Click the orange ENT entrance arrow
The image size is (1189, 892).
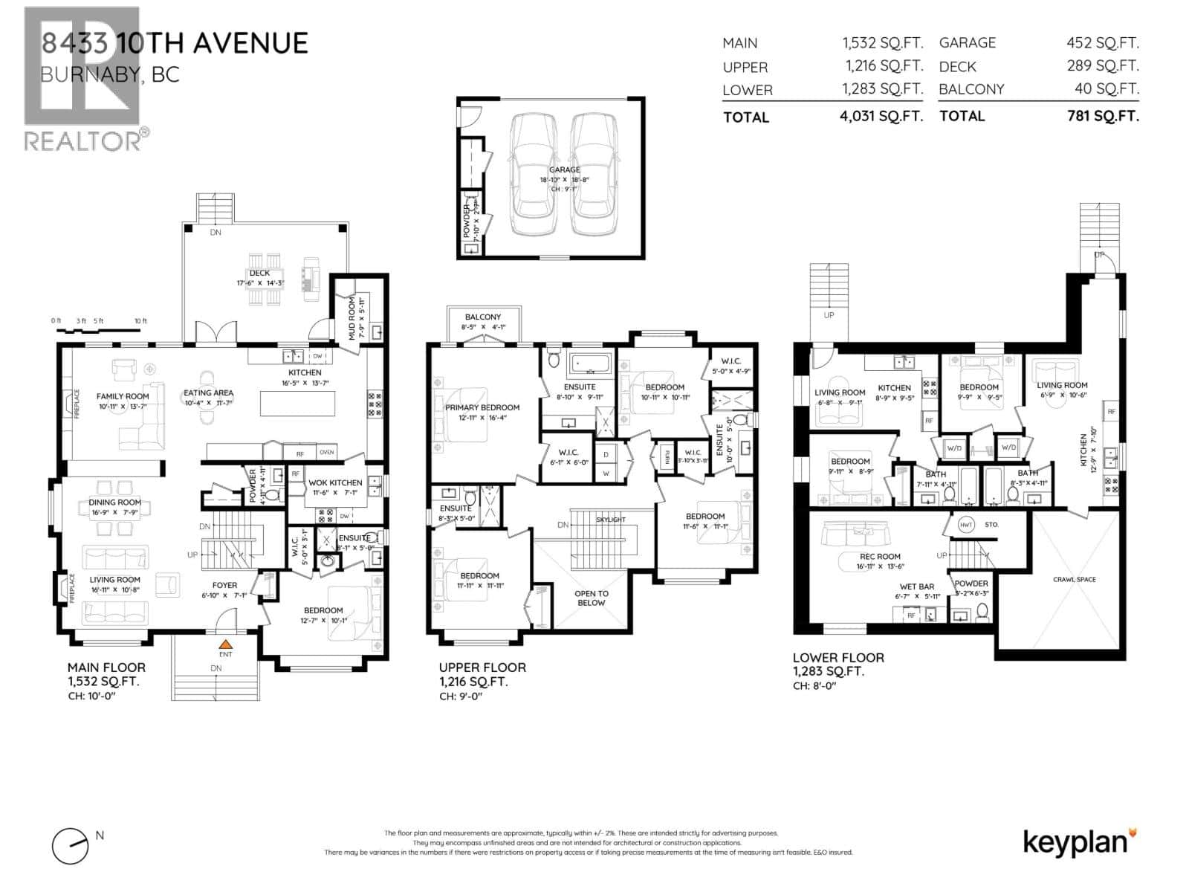pos(225,643)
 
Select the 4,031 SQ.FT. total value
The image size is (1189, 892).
pos(882,117)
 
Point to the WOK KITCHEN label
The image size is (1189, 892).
pos(335,482)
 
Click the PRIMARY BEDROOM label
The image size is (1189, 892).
pos(482,407)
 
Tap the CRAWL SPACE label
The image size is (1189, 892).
pos(1074,579)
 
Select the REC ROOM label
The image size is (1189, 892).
pos(880,556)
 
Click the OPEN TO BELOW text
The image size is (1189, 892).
pos(592,598)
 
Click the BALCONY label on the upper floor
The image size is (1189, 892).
pos(483,317)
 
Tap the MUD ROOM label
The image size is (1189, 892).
pos(352,318)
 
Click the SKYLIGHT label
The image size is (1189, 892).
pos(611,519)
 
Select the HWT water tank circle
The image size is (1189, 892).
pos(966,524)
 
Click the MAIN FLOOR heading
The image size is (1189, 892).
pos(106,668)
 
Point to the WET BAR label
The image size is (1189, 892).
pos(916,586)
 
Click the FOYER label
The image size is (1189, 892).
pos(225,585)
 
